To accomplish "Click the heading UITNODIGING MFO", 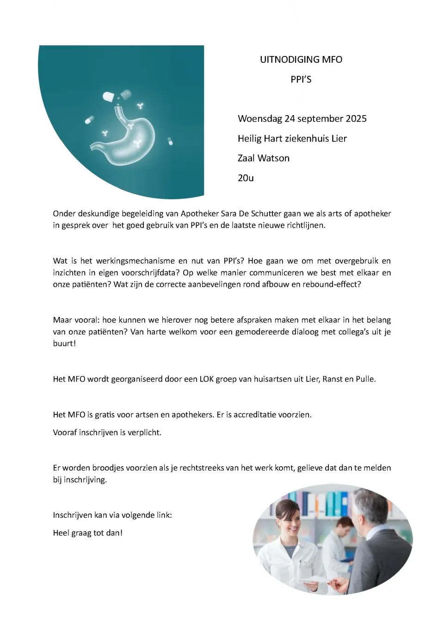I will [x=301, y=60].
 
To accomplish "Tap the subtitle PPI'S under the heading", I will [x=301, y=80].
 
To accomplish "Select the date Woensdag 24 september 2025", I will [x=302, y=119].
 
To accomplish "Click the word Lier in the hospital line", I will [x=339, y=139].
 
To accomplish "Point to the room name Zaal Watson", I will [x=264, y=158].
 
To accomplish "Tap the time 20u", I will [x=246, y=178].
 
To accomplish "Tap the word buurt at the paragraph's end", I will [x=63, y=344].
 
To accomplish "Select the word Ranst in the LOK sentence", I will [x=334, y=379].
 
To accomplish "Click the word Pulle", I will [x=365, y=379].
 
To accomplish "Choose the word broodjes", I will [x=108, y=468].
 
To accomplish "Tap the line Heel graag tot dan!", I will [x=88, y=533].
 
